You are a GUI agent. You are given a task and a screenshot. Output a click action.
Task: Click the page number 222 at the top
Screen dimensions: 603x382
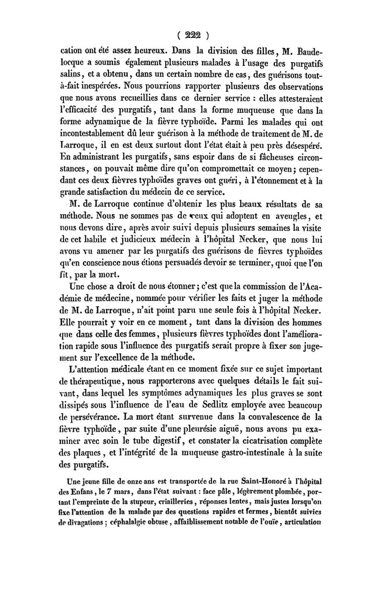191,34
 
